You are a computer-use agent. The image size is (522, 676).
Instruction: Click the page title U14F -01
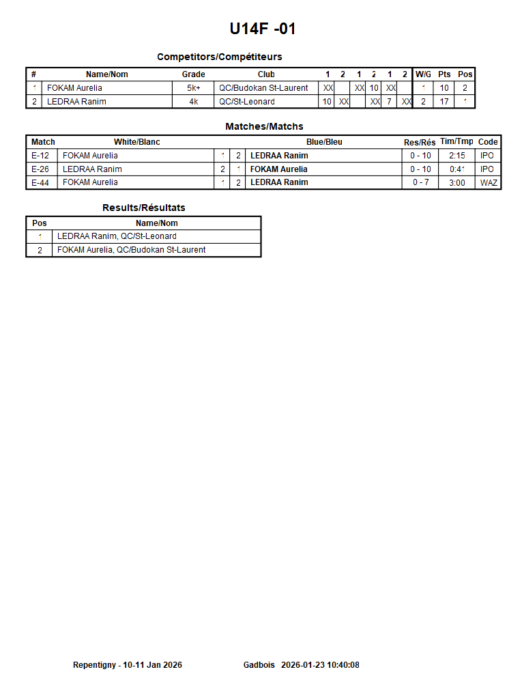coord(263,29)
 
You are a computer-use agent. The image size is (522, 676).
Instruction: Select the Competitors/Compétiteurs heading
coord(219,57)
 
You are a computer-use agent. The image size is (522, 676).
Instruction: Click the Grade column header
coord(193,74)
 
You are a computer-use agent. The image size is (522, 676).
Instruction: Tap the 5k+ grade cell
coord(193,88)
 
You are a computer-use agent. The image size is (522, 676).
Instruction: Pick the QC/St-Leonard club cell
coord(247,102)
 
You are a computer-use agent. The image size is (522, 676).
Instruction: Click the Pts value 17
coord(444,102)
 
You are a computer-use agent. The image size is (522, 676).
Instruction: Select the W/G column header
coord(423,74)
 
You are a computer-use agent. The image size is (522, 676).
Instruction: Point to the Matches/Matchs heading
coord(264,126)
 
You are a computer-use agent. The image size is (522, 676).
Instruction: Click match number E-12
coord(40,156)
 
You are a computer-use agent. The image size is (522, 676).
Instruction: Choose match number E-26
coord(40,169)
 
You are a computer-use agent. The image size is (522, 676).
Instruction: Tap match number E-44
coord(40,182)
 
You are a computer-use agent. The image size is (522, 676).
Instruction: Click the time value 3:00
coord(456,182)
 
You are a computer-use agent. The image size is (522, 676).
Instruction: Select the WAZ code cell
coord(489,182)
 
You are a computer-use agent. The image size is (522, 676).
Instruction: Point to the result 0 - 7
coord(420,182)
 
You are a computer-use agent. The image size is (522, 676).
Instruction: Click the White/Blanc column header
coord(136,142)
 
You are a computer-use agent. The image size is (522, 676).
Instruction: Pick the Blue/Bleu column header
coord(324,142)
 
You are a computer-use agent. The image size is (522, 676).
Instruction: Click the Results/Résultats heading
coord(143,208)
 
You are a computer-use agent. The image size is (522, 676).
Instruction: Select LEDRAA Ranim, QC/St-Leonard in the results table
coord(117,236)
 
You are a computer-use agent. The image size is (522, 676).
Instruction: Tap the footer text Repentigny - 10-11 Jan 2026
coord(128,665)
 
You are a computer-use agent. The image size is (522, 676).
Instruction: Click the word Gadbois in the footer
coord(259,665)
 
